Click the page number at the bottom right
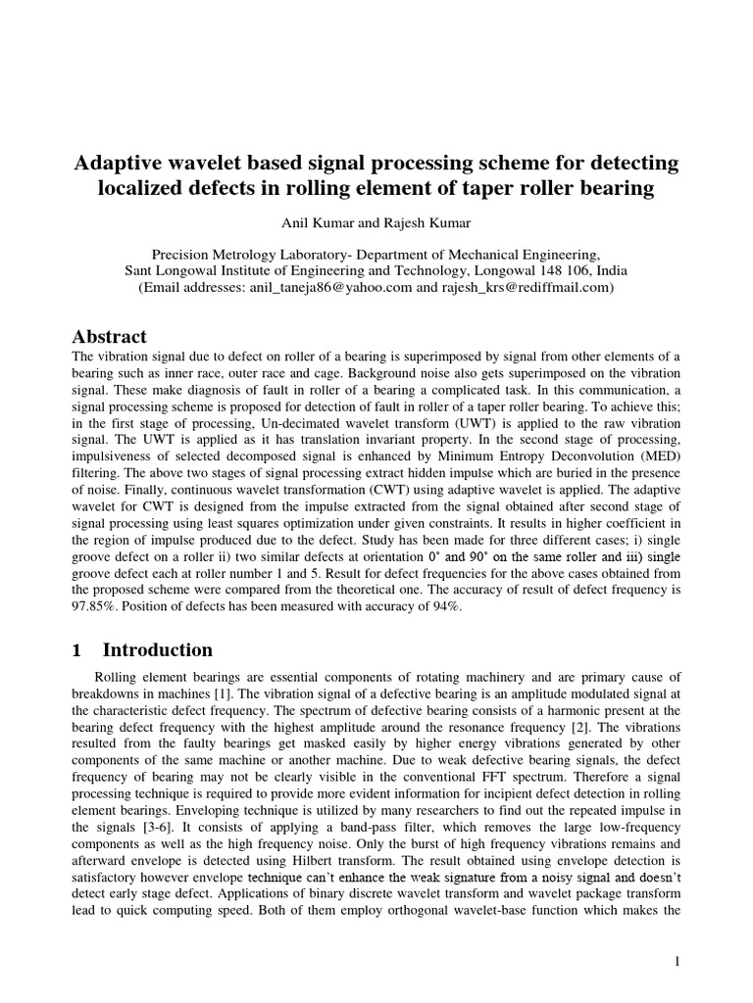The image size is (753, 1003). point(677,962)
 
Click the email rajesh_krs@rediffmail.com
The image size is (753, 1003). point(525,288)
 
